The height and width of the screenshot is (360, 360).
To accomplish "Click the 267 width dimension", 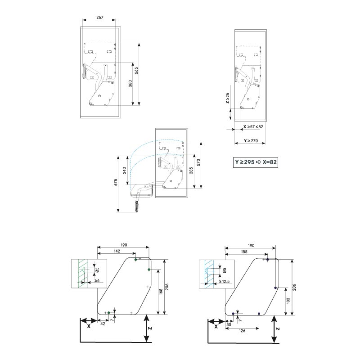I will (100, 18).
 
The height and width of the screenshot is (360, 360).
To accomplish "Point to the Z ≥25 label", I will (228, 99).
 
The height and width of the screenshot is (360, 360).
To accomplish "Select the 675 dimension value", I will (116, 183).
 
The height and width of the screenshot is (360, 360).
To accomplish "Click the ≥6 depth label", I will (96, 281).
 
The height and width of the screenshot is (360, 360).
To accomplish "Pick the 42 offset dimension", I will (103, 324).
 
